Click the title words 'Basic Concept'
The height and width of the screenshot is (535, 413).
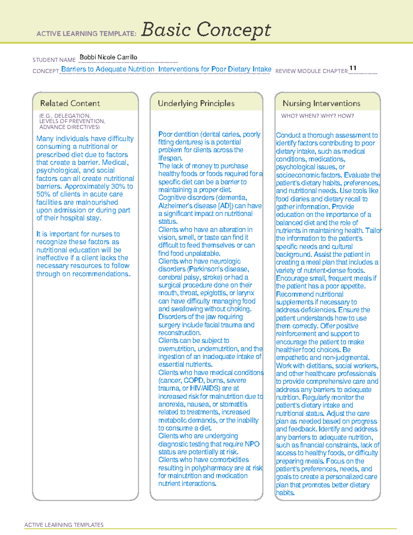206,30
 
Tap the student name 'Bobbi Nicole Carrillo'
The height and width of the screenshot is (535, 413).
108,57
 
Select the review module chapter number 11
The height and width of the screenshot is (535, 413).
353,68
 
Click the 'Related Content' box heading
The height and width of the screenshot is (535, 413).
70,103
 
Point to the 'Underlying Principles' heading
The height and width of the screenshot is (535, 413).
196,103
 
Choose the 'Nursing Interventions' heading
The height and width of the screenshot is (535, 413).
321,103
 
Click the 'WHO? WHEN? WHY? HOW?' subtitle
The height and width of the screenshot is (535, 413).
317,116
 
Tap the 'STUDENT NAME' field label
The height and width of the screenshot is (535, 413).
54,60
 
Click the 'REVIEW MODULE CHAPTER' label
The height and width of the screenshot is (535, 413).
311,71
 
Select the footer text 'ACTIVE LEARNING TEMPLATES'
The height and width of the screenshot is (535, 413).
64,525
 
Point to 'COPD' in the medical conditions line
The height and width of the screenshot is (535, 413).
194,381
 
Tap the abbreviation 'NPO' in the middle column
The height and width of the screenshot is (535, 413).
252,444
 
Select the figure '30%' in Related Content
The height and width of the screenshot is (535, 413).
118,186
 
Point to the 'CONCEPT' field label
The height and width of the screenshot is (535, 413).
46,71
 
